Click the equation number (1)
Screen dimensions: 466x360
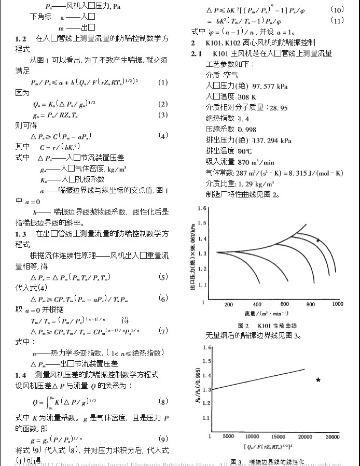click(163, 82)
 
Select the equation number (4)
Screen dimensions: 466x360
click(163, 136)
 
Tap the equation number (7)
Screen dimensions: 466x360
click(163, 331)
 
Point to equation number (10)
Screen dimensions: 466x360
click(337, 10)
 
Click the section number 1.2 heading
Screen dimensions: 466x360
click(21, 39)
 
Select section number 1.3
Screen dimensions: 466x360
click(21, 234)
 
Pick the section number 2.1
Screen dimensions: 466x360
click(197, 53)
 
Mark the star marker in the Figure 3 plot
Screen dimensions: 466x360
click(318, 380)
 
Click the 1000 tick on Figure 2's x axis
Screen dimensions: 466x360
click(338, 304)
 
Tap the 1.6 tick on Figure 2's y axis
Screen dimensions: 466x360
click(202, 208)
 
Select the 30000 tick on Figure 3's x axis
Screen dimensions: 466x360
click(333, 436)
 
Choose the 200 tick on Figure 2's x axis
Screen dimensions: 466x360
click(229, 304)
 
